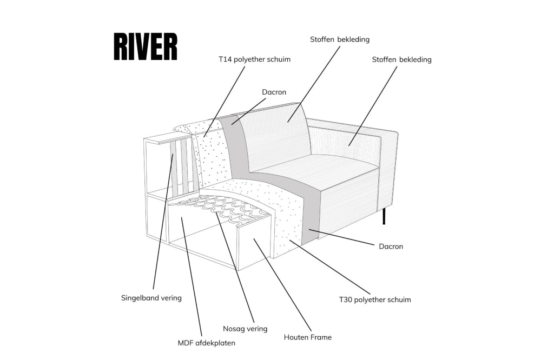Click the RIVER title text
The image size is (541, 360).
[x=145, y=47]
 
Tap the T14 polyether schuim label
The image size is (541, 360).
[x=254, y=59]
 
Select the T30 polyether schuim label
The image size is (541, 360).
[x=375, y=299]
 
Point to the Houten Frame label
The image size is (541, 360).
[x=307, y=337]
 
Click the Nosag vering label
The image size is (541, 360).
[x=245, y=329]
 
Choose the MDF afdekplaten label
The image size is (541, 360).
[x=207, y=343]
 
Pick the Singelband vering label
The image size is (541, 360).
[x=151, y=298]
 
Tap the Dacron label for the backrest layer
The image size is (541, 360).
[x=274, y=92]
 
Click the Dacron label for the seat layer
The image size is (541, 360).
[x=391, y=246]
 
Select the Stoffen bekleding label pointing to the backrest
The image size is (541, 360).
[x=340, y=39]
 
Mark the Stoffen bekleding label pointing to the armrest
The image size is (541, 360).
[x=401, y=59]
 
